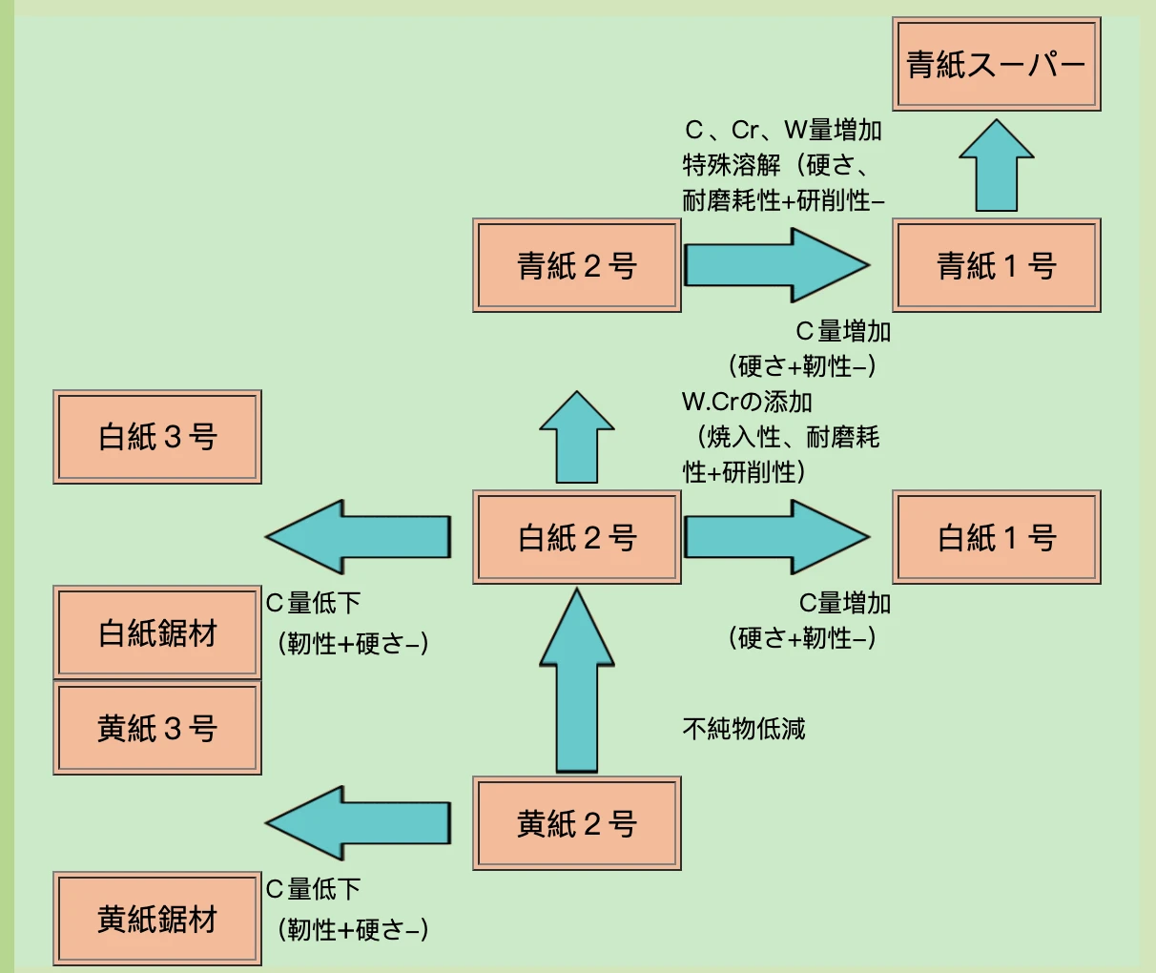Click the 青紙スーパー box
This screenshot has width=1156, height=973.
pyautogui.click(x=997, y=64)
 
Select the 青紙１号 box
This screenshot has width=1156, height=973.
pyautogui.click(x=997, y=265)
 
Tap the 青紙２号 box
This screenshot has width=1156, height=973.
pyautogui.click(x=577, y=265)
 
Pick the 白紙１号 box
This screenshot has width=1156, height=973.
pyautogui.click(x=997, y=537)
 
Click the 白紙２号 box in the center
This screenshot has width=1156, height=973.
pyautogui.click(x=577, y=537)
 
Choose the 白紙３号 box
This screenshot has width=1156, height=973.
pyautogui.click(x=157, y=437)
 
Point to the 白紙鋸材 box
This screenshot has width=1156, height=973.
pyautogui.click(x=157, y=632)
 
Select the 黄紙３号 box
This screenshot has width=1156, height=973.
pyautogui.click(x=157, y=728)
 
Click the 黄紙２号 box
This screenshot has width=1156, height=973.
pyautogui.click(x=577, y=823)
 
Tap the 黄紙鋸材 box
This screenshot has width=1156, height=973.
pyautogui.click(x=157, y=919)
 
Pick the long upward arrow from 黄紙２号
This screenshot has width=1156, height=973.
pyautogui.click(x=577, y=682)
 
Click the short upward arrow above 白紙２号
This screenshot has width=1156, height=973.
pyautogui.click(x=577, y=439)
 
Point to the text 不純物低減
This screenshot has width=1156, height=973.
pyautogui.click(x=744, y=730)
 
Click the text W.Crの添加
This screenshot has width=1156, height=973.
pyautogui.click(x=747, y=402)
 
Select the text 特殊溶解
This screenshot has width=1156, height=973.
pyautogui.click(x=732, y=165)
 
